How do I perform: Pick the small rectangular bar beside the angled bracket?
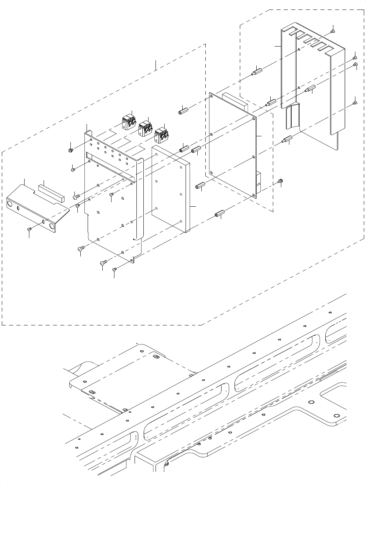click(x=52, y=191)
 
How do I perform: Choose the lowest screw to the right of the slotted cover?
click(x=355, y=103)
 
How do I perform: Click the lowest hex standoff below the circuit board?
click(x=220, y=214)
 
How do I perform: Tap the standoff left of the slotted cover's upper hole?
click(x=256, y=71)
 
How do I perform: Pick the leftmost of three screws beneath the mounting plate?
click(x=81, y=248)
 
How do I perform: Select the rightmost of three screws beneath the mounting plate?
click(x=114, y=269)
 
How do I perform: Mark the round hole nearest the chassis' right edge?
click(x=336, y=416)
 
